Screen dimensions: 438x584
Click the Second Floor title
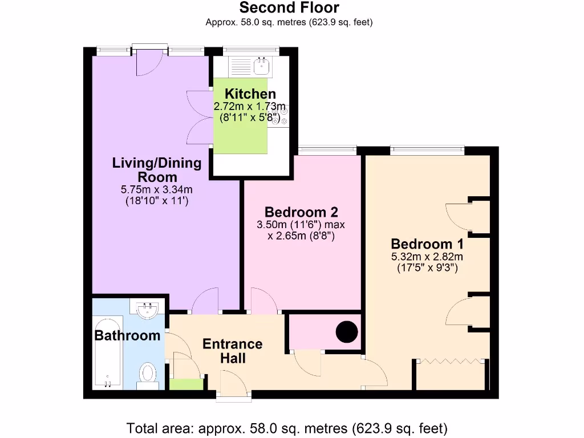tap(289, 8)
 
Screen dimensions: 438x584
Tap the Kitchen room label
tap(250, 94)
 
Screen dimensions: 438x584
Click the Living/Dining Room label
tap(157, 170)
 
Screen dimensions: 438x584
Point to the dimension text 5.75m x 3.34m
tap(157, 190)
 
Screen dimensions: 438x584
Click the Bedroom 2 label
tap(302, 212)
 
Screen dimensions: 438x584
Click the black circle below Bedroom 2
tap(346, 332)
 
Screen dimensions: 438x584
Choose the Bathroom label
tap(127, 335)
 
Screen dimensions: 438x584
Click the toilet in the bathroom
tap(148, 374)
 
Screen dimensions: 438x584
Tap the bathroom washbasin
tap(148, 310)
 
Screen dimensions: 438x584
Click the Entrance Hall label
tap(233, 351)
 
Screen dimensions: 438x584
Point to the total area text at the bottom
tap(287, 428)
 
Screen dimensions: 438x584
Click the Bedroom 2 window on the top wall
tap(327, 150)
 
